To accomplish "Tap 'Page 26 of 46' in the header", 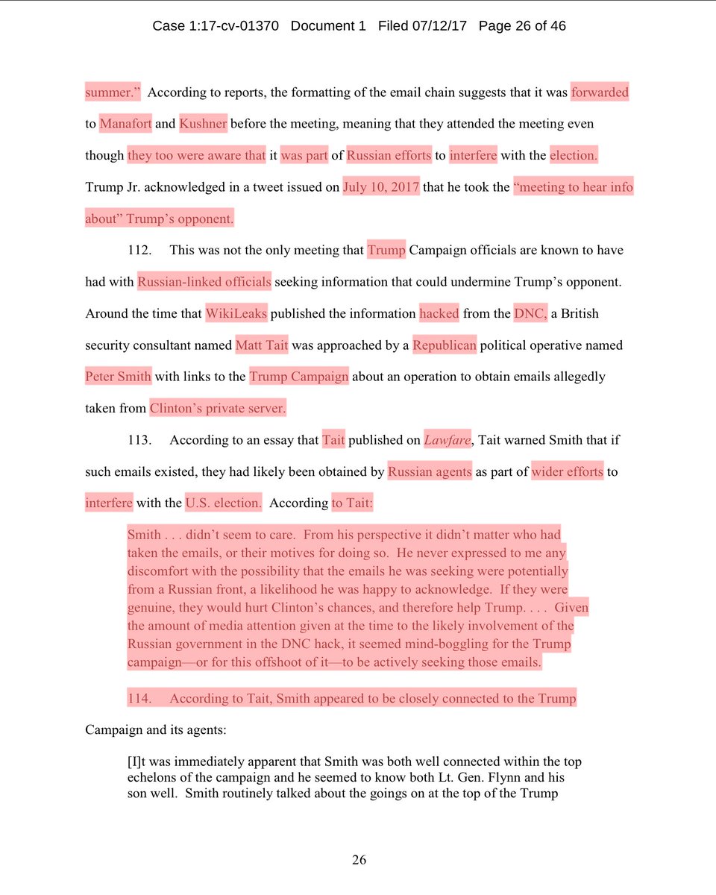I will pyautogui.click(x=522, y=26).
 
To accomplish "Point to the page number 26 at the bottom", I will pyautogui.click(x=359, y=860).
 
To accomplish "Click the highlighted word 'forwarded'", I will pyautogui.click(x=600, y=92).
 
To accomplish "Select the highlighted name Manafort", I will pyautogui.click(x=125, y=124).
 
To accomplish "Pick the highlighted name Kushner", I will pyautogui.click(x=203, y=124).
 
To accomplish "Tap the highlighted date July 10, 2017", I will pyautogui.click(x=380, y=186).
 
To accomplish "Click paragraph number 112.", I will pyautogui.click(x=139, y=251).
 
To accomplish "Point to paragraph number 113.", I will pyautogui.click(x=139, y=440).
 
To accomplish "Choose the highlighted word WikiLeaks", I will pyautogui.click(x=236, y=313).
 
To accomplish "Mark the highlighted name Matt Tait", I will pyautogui.click(x=262, y=345).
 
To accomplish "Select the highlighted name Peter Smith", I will pyautogui.click(x=118, y=377).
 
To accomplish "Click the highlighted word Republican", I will pyautogui.click(x=445, y=345).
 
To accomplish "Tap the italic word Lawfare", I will pyautogui.click(x=447, y=440).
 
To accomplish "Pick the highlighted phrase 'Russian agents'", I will pyautogui.click(x=430, y=471).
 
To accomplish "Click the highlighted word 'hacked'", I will pyautogui.click(x=439, y=313).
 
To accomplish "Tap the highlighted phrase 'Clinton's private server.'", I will pyautogui.click(x=218, y=408).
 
